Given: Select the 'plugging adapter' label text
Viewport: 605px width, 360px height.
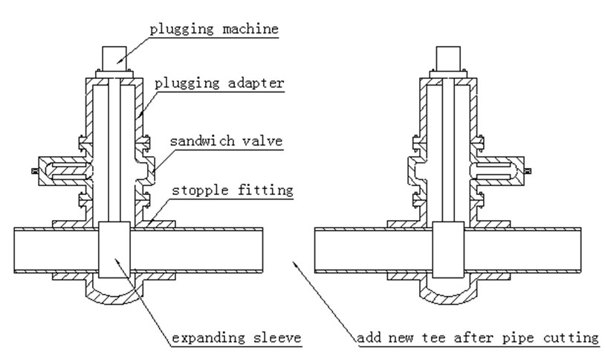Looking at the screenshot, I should (x=219, y=83).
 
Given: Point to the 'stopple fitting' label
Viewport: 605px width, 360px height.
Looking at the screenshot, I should (x=233, y=190).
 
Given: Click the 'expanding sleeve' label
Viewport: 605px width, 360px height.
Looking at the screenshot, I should (x=237, y=338).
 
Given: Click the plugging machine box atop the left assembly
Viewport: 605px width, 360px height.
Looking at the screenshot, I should (x=114, y=59).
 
